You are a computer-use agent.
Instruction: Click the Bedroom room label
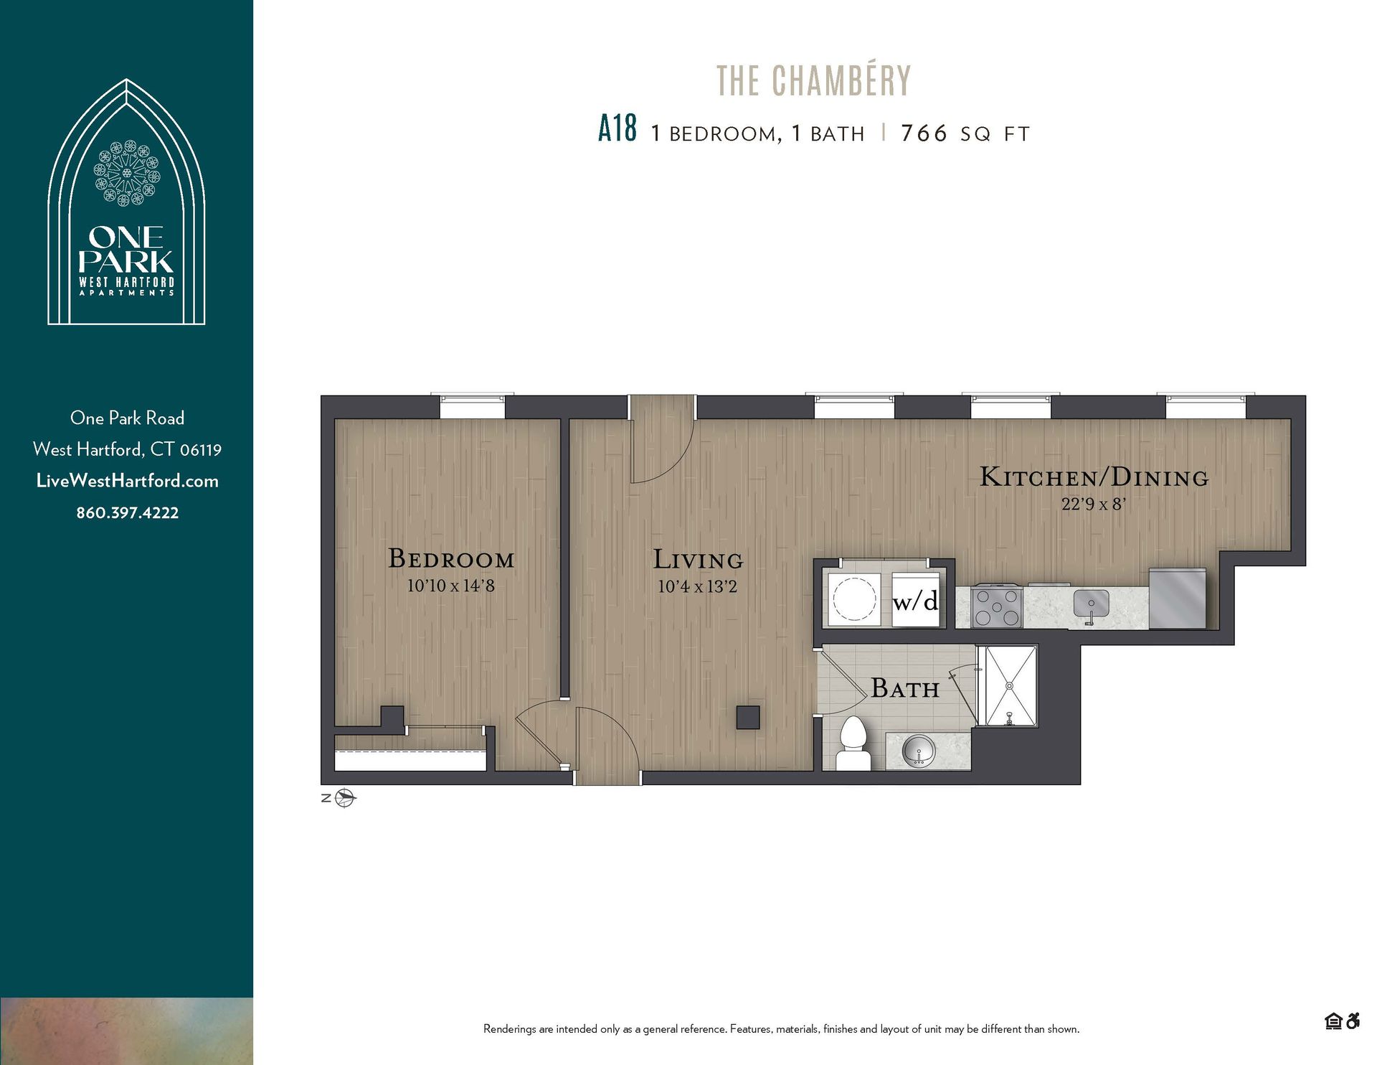[x=451, y=559]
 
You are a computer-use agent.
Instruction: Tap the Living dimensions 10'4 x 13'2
[x=697, y=587]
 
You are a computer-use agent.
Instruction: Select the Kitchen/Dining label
[x=1094, y=477]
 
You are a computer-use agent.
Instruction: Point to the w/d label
[x=915, y=601]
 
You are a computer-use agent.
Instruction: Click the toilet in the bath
[x=853, y=743]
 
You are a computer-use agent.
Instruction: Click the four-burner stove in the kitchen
[x=997, y=607]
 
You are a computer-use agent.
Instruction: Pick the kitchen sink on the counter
[x=1091, y=603]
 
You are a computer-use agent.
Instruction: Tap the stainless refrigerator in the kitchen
[x=1177, y=599]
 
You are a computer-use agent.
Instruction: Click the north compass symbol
[x=346, y=798]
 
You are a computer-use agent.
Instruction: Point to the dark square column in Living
[x=748, y=718]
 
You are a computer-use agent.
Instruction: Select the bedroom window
[x=472, y=406]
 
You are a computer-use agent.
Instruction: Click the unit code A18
[x=617, y=130]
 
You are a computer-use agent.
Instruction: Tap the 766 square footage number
[x=924, y=133]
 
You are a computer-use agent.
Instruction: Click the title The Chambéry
[x=813, y=80]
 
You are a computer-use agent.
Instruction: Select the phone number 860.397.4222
[x=128, y=513]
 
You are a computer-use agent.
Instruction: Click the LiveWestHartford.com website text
[x=128, y=482]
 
